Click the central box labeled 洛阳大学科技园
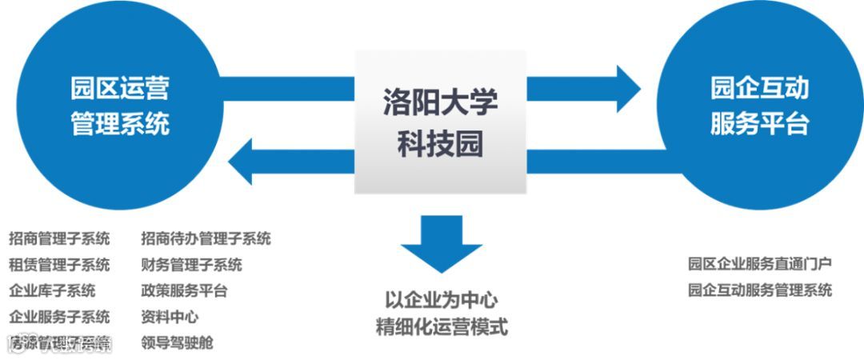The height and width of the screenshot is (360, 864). [x=440, y=122]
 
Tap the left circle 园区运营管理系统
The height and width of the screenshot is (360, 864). [x=120, y=106]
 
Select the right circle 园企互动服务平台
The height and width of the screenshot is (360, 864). [x=759, y=106]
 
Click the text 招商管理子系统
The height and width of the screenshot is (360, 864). [x=59, y=238]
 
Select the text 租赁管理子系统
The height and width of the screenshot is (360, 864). [x=59, y=265]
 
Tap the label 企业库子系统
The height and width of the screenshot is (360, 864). [x=52, y=290]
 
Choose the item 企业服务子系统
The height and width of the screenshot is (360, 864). [x=59, y=317]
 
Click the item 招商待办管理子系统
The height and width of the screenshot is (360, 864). [x=206, y=238]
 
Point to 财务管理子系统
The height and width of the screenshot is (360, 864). [x=191, y=265]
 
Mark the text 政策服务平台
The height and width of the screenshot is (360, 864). [x=184, y=290]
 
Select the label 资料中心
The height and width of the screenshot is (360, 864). [x=170, y=317]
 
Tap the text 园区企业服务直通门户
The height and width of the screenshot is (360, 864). [x=759, y=263]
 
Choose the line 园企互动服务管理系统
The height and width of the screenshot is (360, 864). [x=759, y=290]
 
